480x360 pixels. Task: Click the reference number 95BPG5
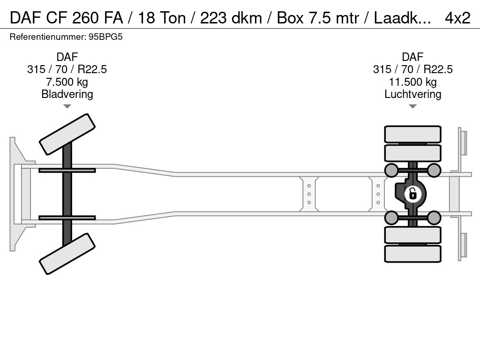pyautogui.click(x=105, y=37)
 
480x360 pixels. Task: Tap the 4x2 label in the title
pyautogui.click(x=457, y=18)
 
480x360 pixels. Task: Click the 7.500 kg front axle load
pyautogui.click(x=67, y=82)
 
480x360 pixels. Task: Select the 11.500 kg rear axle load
pyautogui.click(x=412, y=82)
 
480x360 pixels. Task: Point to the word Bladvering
pyautogui.click(x=67, y=94)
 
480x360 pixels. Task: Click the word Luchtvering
pyautogui.click(x=412, y=94)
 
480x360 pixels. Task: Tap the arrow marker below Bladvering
pyautogui.click(x=67, y=106)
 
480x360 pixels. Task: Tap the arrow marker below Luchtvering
pyautogui.click(x=412, y=106)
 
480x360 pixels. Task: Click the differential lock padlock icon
pyautogui.click(x=412, y=194)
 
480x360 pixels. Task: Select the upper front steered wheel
pyautogui.click(x=67, y=134)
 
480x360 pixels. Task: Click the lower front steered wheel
pyautogui.click(x=67, y=254)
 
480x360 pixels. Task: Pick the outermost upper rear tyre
pyautogui.click(x=412, y=134)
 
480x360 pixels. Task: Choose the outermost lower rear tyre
pyautogui.click(x=412, y=254)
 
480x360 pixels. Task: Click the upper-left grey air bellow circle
pyautogui.click(x=391, y=171)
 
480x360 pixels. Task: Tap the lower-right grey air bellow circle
pyautogui.click(x=434, y=218)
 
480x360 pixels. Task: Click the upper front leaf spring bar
pyautogui.click(x=67, y=170)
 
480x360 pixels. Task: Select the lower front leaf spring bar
pyautogui.click(x=67, y=217)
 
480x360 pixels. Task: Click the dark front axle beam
pyautogui.click(x=67, y=194)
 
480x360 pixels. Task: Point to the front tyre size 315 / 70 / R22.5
pyautogui.click(x=67, y=69)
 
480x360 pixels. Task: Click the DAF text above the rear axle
pyautogui.click(x=412, y=57)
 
